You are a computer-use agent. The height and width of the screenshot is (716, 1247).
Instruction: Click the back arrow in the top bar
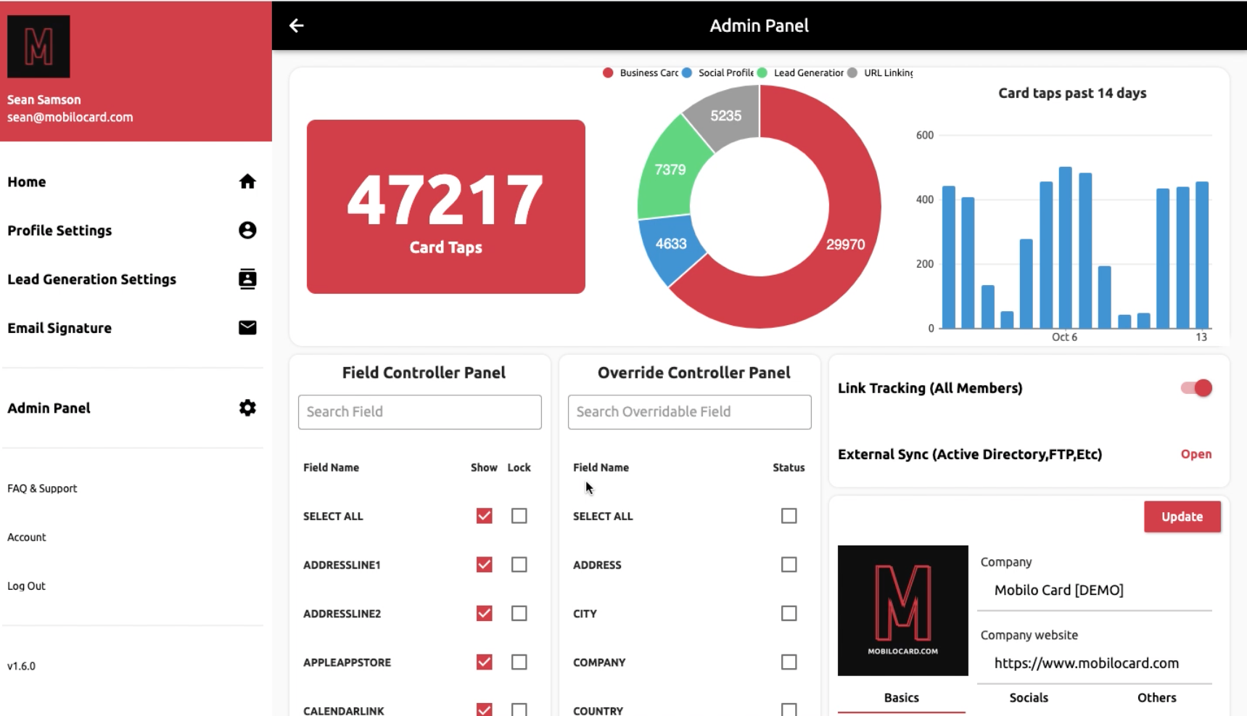coord(296,26)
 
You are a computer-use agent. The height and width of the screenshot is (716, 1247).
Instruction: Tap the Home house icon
coord(247,181)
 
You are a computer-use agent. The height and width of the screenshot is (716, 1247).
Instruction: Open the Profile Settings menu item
coord(60,231)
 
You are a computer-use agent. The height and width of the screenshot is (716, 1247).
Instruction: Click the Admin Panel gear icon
coord(247,408)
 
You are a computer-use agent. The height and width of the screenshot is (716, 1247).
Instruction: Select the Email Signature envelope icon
coord(247,328)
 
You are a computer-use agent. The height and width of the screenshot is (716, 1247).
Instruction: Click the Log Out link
coord(27,586)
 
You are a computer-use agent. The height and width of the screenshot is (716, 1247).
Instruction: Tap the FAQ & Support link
coord(42,489)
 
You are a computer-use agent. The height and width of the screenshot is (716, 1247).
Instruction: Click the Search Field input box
coord(419,412)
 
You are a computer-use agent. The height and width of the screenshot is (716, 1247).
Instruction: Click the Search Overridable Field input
coord(689,412)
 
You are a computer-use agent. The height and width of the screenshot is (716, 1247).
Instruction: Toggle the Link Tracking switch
coord(1196,388)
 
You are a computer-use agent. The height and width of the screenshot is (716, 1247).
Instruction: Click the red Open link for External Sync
coord(1195,454)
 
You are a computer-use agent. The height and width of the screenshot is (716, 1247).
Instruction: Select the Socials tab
coord(1029,698)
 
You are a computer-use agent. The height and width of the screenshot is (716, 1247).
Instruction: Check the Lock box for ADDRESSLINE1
coord(519,564)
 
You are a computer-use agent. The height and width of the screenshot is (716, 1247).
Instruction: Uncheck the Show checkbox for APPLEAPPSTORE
coord(484,662)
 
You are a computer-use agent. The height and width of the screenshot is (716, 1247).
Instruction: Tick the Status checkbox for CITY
coord(789,613)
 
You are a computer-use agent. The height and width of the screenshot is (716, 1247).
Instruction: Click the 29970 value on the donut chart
coord(845,245)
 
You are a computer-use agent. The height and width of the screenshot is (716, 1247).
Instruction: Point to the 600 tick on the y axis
coord(924,136)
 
